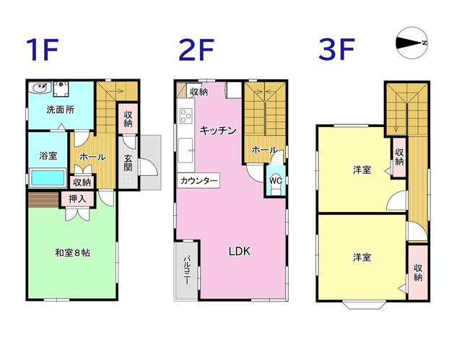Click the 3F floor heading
[337, 51]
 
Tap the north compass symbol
[413, 43]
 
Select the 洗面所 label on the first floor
[61, 110]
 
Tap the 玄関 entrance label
[128, 163]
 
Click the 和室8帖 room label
[72, 253]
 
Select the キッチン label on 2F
[218, 131]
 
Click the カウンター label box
[199, 180]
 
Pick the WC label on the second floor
[275, 180]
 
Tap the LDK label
[240, 252]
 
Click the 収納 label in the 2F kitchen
[199, 92]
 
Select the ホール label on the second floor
[264, 149]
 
